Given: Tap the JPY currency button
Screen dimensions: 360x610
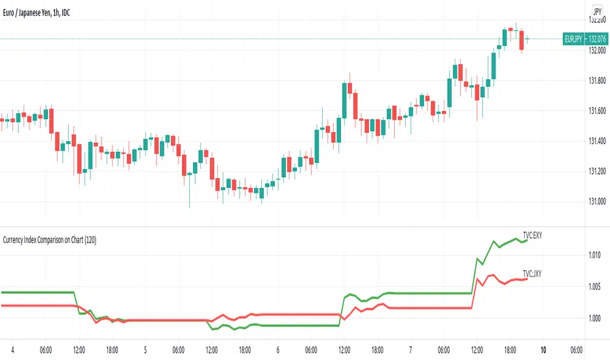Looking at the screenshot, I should [597, 11].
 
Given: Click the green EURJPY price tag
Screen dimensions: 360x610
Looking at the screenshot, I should [584, 39].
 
